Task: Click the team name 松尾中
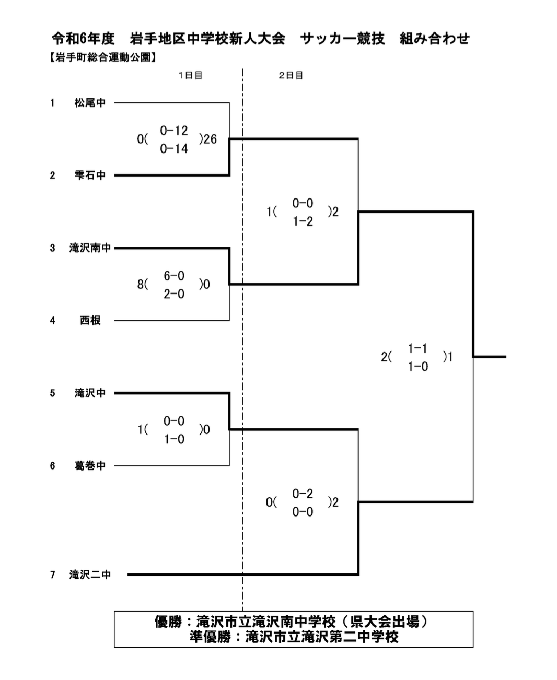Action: [90, 103]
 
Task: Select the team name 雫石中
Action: [90, 175]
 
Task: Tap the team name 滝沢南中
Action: [90, 248]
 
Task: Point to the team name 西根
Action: [90, 321]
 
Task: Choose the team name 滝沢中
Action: [90, 393]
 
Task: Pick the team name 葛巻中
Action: [90, 465]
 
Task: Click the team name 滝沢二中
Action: [90, 575]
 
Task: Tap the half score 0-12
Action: [174, 131]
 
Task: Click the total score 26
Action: [210, 139]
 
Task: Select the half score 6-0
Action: [174, 276]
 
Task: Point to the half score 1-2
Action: [303, 221]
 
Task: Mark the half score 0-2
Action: [303, 494]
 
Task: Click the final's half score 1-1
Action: [417, 348]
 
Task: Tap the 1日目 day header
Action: [190, 75]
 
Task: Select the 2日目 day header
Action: [291, 75]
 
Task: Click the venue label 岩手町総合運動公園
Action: [103, 58]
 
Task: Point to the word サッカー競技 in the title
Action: [343, 39]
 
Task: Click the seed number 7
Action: [53, 575]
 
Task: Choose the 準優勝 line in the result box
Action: [294, 637]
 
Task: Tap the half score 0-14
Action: [174, 149]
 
